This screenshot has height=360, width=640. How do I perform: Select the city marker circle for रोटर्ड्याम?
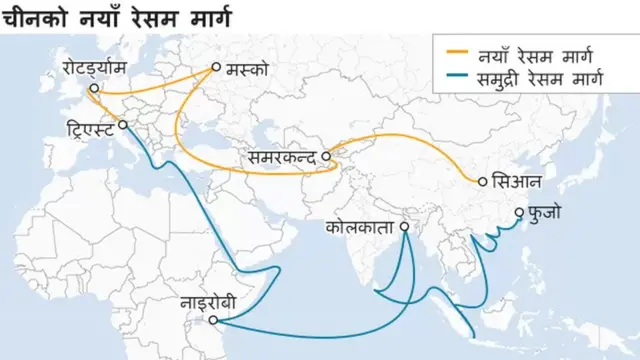(x=93, y=88)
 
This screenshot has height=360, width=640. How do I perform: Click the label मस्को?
(x=248, y=70)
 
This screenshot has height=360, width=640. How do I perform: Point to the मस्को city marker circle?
(x=215, y=69)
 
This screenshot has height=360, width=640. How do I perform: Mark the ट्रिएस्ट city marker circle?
(x=123, y=125)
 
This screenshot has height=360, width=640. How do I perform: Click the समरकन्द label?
(x=279, y=157)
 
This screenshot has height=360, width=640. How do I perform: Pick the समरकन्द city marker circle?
(x=325, y=156)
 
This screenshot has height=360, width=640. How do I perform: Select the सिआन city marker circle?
(x=483, y=182)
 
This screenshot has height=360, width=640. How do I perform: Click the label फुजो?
(x=548, y=213)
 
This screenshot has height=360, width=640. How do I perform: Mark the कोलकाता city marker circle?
(x=405, y=227)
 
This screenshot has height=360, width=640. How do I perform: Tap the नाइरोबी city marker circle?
(x=214, y=321)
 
